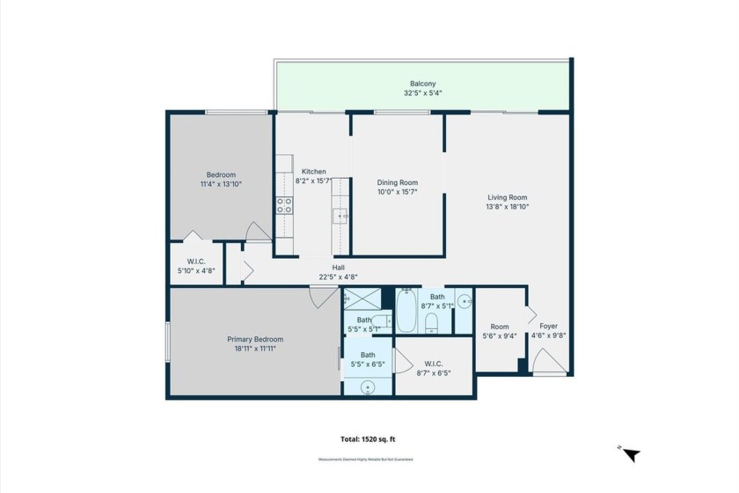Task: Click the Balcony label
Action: pyautogui.click(x=423, y=84)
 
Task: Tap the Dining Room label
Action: pyautogui.click(x=397, y=183)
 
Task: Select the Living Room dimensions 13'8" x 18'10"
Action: pyautogui.click(x=508, y=207)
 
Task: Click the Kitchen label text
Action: pyautogui.click(x=314, y=172)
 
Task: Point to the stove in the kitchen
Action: pyautogui.click(x=284, y=205)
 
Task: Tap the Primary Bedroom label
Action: pyautogui.click(x=255, y=339)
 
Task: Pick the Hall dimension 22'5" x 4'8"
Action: pyautogui.click(x=338, y=276)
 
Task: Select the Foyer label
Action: pyautogui.click(x=548, y=326)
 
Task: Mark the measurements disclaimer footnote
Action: pyautogui.click(x=365, y=460)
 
